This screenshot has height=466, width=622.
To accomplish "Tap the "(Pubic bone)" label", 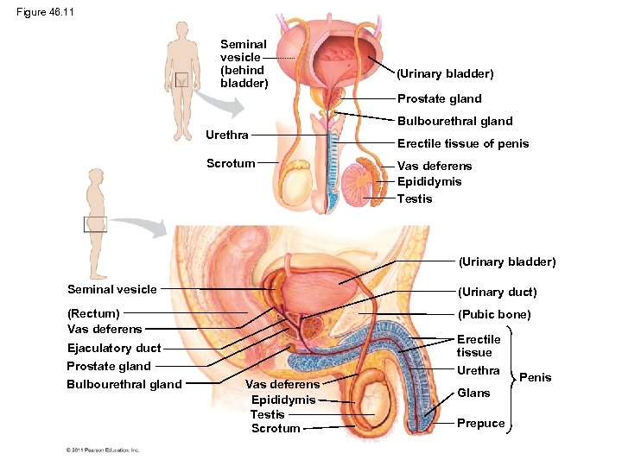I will pos(494,314).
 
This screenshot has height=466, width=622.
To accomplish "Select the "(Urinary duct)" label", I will pos(497,292).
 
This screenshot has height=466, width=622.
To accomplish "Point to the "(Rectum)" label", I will pos(93,313).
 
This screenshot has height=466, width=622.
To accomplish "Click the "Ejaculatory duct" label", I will pos(114,348).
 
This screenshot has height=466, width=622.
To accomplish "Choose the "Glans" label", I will pos(473,393).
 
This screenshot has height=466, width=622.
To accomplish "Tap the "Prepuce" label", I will pos(480,424).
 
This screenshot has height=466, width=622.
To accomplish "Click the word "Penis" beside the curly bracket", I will pos(536,377).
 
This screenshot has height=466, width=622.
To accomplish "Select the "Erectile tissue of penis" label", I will pos(463,143).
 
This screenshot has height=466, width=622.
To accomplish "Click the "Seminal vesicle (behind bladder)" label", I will pos(244,63).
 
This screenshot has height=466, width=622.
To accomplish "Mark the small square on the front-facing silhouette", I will pos(182,80).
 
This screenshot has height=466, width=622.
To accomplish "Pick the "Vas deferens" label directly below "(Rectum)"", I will pos(105,329).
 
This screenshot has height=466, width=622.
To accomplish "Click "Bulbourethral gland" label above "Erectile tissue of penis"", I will pos(454,121).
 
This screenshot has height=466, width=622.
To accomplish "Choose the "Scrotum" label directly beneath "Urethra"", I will pos(231,163).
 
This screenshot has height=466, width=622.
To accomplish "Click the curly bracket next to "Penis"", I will pos(511,377).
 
